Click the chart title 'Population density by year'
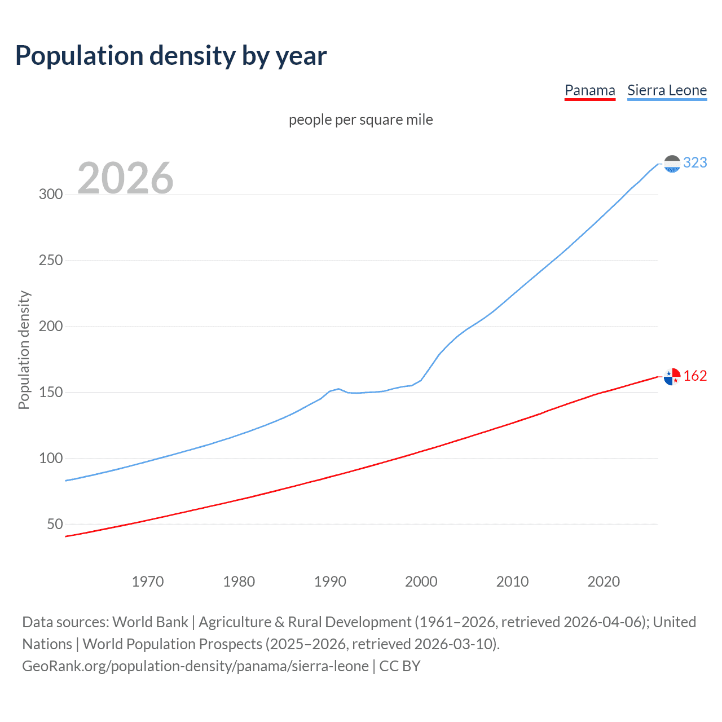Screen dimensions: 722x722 point(171,56)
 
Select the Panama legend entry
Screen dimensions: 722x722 point(589,90)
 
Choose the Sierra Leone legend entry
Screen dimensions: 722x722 point(667,90)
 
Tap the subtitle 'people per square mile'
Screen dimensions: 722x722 point(360,120)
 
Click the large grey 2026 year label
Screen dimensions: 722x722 point(125,178)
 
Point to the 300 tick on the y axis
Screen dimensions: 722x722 point(51,195)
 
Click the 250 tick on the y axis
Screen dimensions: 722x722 point(51,261)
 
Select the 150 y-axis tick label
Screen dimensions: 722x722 point(51,393)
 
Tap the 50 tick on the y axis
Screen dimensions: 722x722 point(55,525)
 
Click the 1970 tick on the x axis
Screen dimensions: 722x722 point(148,582)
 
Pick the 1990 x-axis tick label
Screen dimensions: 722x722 point(330,582)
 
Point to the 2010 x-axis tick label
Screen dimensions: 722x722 point(512,582)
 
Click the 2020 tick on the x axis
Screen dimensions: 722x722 point(604,582)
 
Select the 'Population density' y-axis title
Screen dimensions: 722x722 point(24,350)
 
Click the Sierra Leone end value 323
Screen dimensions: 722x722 point(695,163)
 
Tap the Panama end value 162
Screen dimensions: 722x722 point(695,376)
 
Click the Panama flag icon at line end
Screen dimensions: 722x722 point(672,376)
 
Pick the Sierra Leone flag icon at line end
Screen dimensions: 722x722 point(672,164)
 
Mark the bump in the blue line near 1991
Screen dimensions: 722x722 point(338,389)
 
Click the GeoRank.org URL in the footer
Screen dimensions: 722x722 point(195,666)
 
